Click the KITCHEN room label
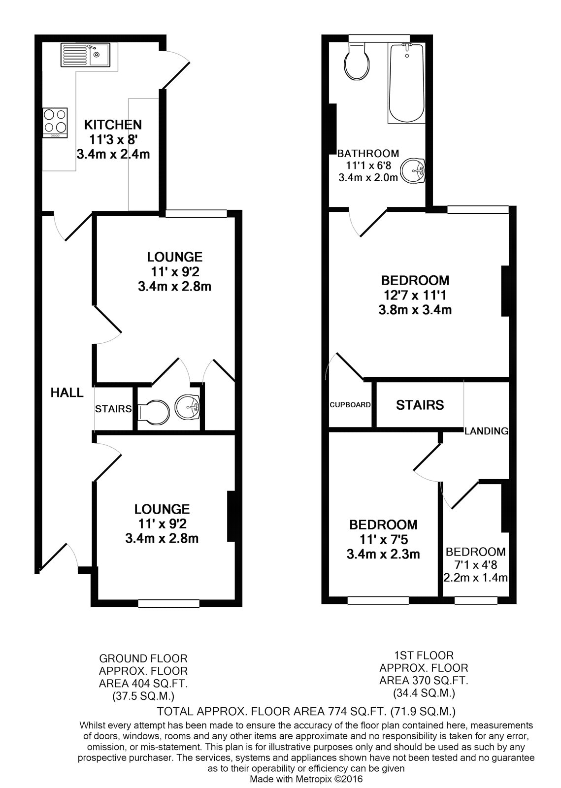113,125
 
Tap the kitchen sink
85,55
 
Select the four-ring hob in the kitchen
55,123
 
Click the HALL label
67,392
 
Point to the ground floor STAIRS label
113,409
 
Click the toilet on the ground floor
154,410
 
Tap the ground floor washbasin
188,407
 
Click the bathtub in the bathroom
406,83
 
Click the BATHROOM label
368,153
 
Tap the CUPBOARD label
350,404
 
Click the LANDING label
487,431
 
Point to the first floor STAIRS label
420,405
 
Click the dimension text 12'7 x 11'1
415,295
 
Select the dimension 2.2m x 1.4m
475,577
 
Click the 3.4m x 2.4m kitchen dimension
113,154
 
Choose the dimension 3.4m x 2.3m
383,554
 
